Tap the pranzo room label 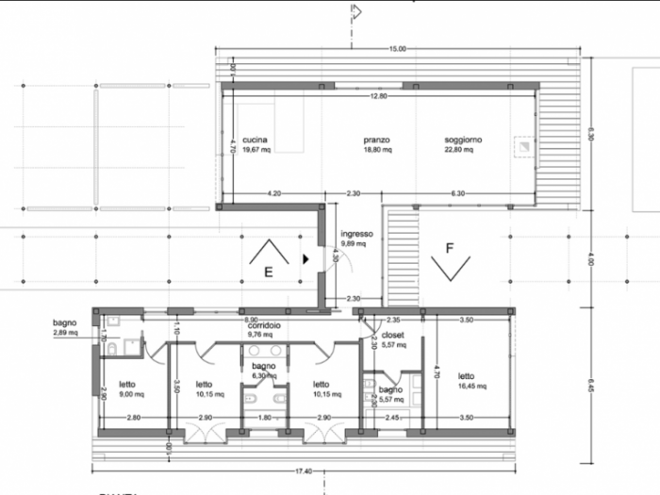pos(377,140)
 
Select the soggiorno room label pos(463,140)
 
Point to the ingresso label pos(357,234)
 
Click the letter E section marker pos(269,272)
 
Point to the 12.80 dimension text pos(379,96)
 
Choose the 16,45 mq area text pos(472,386)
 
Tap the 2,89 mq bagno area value pos(65,333)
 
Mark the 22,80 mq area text pos(463,149)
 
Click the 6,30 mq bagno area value pos(263,375)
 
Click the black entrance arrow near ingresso pos(305,256)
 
